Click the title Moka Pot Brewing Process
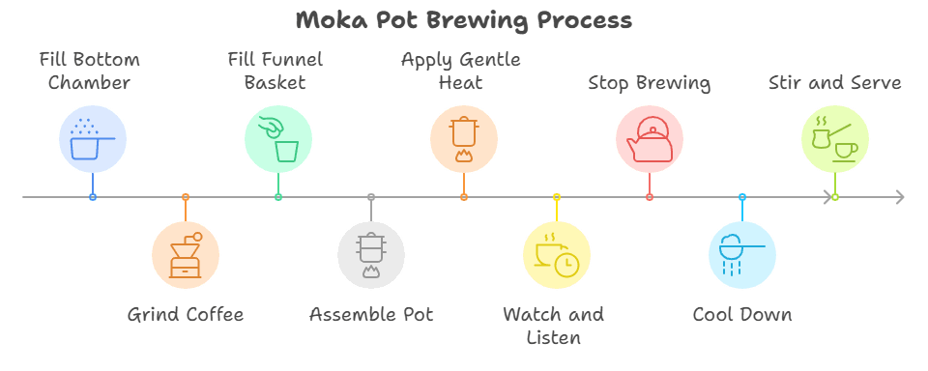pos(464,20)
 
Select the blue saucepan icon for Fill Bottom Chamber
pos(93,139)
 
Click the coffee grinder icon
pos(186,255)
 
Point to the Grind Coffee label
pos(186,314)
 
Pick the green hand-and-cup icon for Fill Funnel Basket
pos(278,139)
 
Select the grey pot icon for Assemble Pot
pos(371,255)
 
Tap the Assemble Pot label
pos(371,314)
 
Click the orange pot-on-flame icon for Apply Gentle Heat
pos(464,139)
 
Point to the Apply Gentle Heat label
pos(460,71)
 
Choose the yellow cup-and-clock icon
pos(557,255)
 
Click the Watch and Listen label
pos(554,326)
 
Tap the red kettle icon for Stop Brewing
pos(650,139)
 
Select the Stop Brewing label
pos(650,83)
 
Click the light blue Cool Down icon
pos(742,255)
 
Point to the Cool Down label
pos(742,314)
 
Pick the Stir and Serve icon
pos(835,139)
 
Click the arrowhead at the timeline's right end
pos(899,197)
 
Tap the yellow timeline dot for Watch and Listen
pos(557,197)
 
